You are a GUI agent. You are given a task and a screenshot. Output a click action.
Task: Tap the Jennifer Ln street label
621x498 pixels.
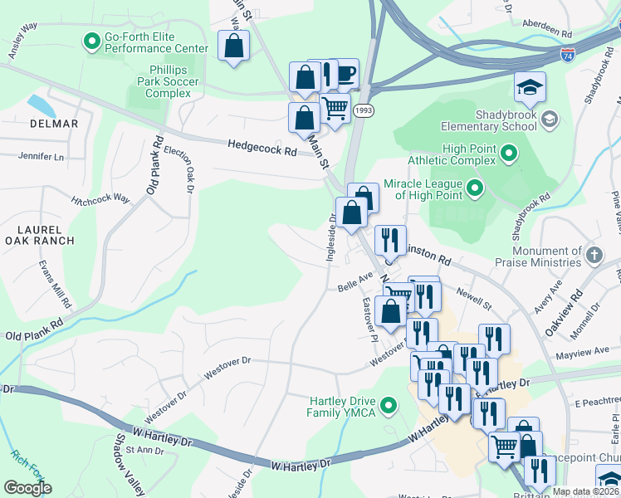41,156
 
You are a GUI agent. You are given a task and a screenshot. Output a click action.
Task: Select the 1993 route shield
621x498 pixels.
362,110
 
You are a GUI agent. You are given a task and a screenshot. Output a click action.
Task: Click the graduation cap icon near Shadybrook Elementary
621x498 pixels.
528,87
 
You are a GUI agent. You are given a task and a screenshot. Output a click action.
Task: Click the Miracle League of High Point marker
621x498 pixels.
475,188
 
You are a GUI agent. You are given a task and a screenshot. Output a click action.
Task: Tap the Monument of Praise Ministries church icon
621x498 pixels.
594,256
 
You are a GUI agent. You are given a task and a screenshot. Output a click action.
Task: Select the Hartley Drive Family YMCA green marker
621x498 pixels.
388,406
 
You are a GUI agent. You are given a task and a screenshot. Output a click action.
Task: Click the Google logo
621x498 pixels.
27,488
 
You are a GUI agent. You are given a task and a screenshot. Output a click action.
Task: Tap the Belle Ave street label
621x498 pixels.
355,284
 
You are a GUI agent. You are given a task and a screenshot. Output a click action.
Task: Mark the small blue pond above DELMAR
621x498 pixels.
40,106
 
